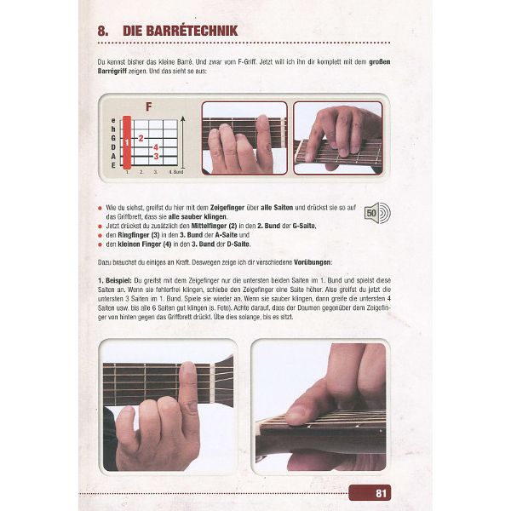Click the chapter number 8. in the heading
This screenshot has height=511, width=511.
pyautogui.click(x=104, y=32)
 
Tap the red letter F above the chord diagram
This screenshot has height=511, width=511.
pyautogui.click(x=149, y=107)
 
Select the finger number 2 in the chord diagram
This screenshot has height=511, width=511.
pyautogui.click(x=141, y=136)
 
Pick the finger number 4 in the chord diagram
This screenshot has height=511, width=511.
pyautogui.click(x=156, y=146)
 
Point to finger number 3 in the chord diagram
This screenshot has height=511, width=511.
pyautogui.click(x=156, y=156)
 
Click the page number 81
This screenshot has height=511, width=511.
pyautogui.click(x=382, y=491)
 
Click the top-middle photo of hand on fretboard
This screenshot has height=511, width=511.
pyautogui.click(x=244, y=138)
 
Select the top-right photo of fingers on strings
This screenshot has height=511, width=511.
pyautogui.click(x=338, y=138)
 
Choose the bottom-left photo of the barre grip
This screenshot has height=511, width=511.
pyautogui.click(x=166, y=407)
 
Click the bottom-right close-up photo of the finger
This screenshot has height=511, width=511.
pyautogui.click(x=319, y=407)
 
